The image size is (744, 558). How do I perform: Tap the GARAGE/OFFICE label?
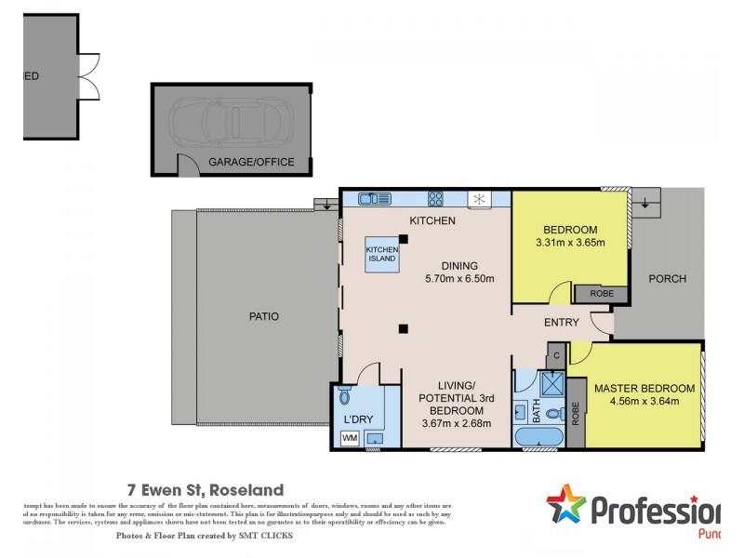(251, 162)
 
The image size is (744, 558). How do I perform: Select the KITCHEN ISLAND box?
(382, 256)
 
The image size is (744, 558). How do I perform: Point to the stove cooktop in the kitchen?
(434, 198)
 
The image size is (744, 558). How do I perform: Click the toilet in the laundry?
(346, 397)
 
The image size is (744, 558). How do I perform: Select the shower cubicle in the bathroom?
(551, 384)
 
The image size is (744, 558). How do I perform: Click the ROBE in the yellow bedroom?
(603, 294)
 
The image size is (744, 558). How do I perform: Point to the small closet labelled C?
(556, 354)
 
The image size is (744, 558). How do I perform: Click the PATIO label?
(263, 316)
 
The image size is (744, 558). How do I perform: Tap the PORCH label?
(667, 279)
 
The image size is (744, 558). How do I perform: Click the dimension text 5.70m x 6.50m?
(458, 278)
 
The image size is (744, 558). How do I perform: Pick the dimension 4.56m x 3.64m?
(644, 402)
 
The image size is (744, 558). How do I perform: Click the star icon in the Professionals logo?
(565, 507)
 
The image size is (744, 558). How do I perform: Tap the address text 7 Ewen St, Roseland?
(205, 489)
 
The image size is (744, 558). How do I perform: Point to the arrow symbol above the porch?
(644, 199)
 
